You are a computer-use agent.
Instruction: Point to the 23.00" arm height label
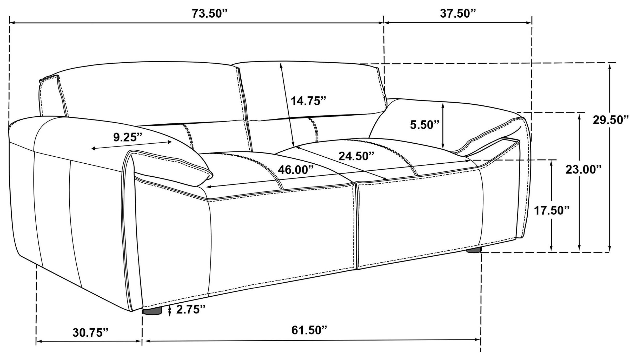coord(583,170)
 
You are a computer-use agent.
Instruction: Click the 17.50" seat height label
coord(552,210)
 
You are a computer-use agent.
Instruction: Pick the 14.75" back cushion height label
coord(308,101)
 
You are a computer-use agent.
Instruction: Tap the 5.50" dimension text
coord(424,125)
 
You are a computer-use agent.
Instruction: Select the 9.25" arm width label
coord(128,137)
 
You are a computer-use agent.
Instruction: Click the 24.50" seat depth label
coord(356,156)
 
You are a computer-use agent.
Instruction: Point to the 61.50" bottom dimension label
coord(309,330)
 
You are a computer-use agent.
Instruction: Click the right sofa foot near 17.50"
coord(473,250)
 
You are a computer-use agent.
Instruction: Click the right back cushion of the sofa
coord(312,88)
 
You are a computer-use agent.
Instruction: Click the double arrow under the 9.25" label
coord(131,145)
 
